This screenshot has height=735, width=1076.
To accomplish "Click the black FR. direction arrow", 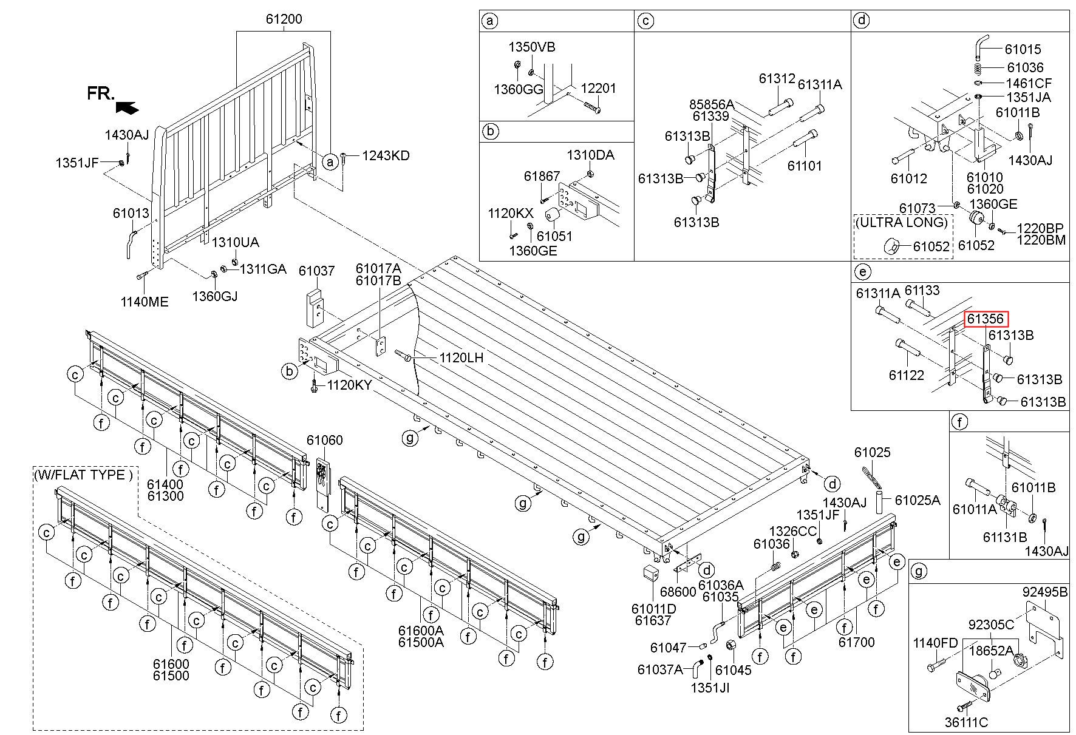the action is click(126, 107).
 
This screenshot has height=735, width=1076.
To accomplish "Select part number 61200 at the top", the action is click(284, 19).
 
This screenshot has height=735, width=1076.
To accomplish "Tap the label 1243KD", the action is click(386, 156).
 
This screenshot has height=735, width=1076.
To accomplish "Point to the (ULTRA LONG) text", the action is click(901, 222).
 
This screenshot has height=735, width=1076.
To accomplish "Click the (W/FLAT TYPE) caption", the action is click(83, 475).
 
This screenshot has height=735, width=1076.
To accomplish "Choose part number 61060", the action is click(324, 440).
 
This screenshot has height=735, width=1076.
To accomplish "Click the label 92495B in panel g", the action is click(1044, 592).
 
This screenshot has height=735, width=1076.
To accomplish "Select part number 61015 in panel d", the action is click(1023, 50).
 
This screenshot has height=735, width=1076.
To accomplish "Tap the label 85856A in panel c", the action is click(712, 104).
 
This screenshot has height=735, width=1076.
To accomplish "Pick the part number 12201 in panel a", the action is click(598, 89).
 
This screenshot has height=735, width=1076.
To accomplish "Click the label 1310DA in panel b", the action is click(590, 155).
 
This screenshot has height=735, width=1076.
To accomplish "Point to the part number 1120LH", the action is click(461, 358).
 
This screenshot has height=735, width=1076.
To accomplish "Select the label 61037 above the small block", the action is click(316, 271).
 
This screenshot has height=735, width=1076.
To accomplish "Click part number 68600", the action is click(678, 592).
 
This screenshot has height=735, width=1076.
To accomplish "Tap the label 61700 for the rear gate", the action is click(856, 642).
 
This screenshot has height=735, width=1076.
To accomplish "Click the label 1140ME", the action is click(145, 302).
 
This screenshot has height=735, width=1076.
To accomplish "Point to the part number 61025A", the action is click(918, 500).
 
